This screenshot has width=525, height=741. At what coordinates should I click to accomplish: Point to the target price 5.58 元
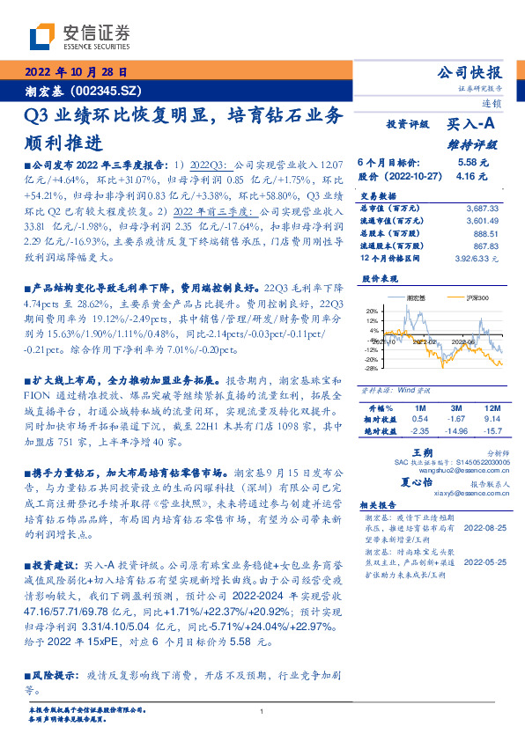(x=472, y=163)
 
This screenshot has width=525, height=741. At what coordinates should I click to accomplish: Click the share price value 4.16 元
(x=472, y=176)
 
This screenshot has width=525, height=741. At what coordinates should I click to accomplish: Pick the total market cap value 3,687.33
(x=481, y=208)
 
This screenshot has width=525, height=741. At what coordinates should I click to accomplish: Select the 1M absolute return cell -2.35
(x=419, y=431)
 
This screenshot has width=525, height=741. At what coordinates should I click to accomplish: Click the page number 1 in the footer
(x=262, y=712)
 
